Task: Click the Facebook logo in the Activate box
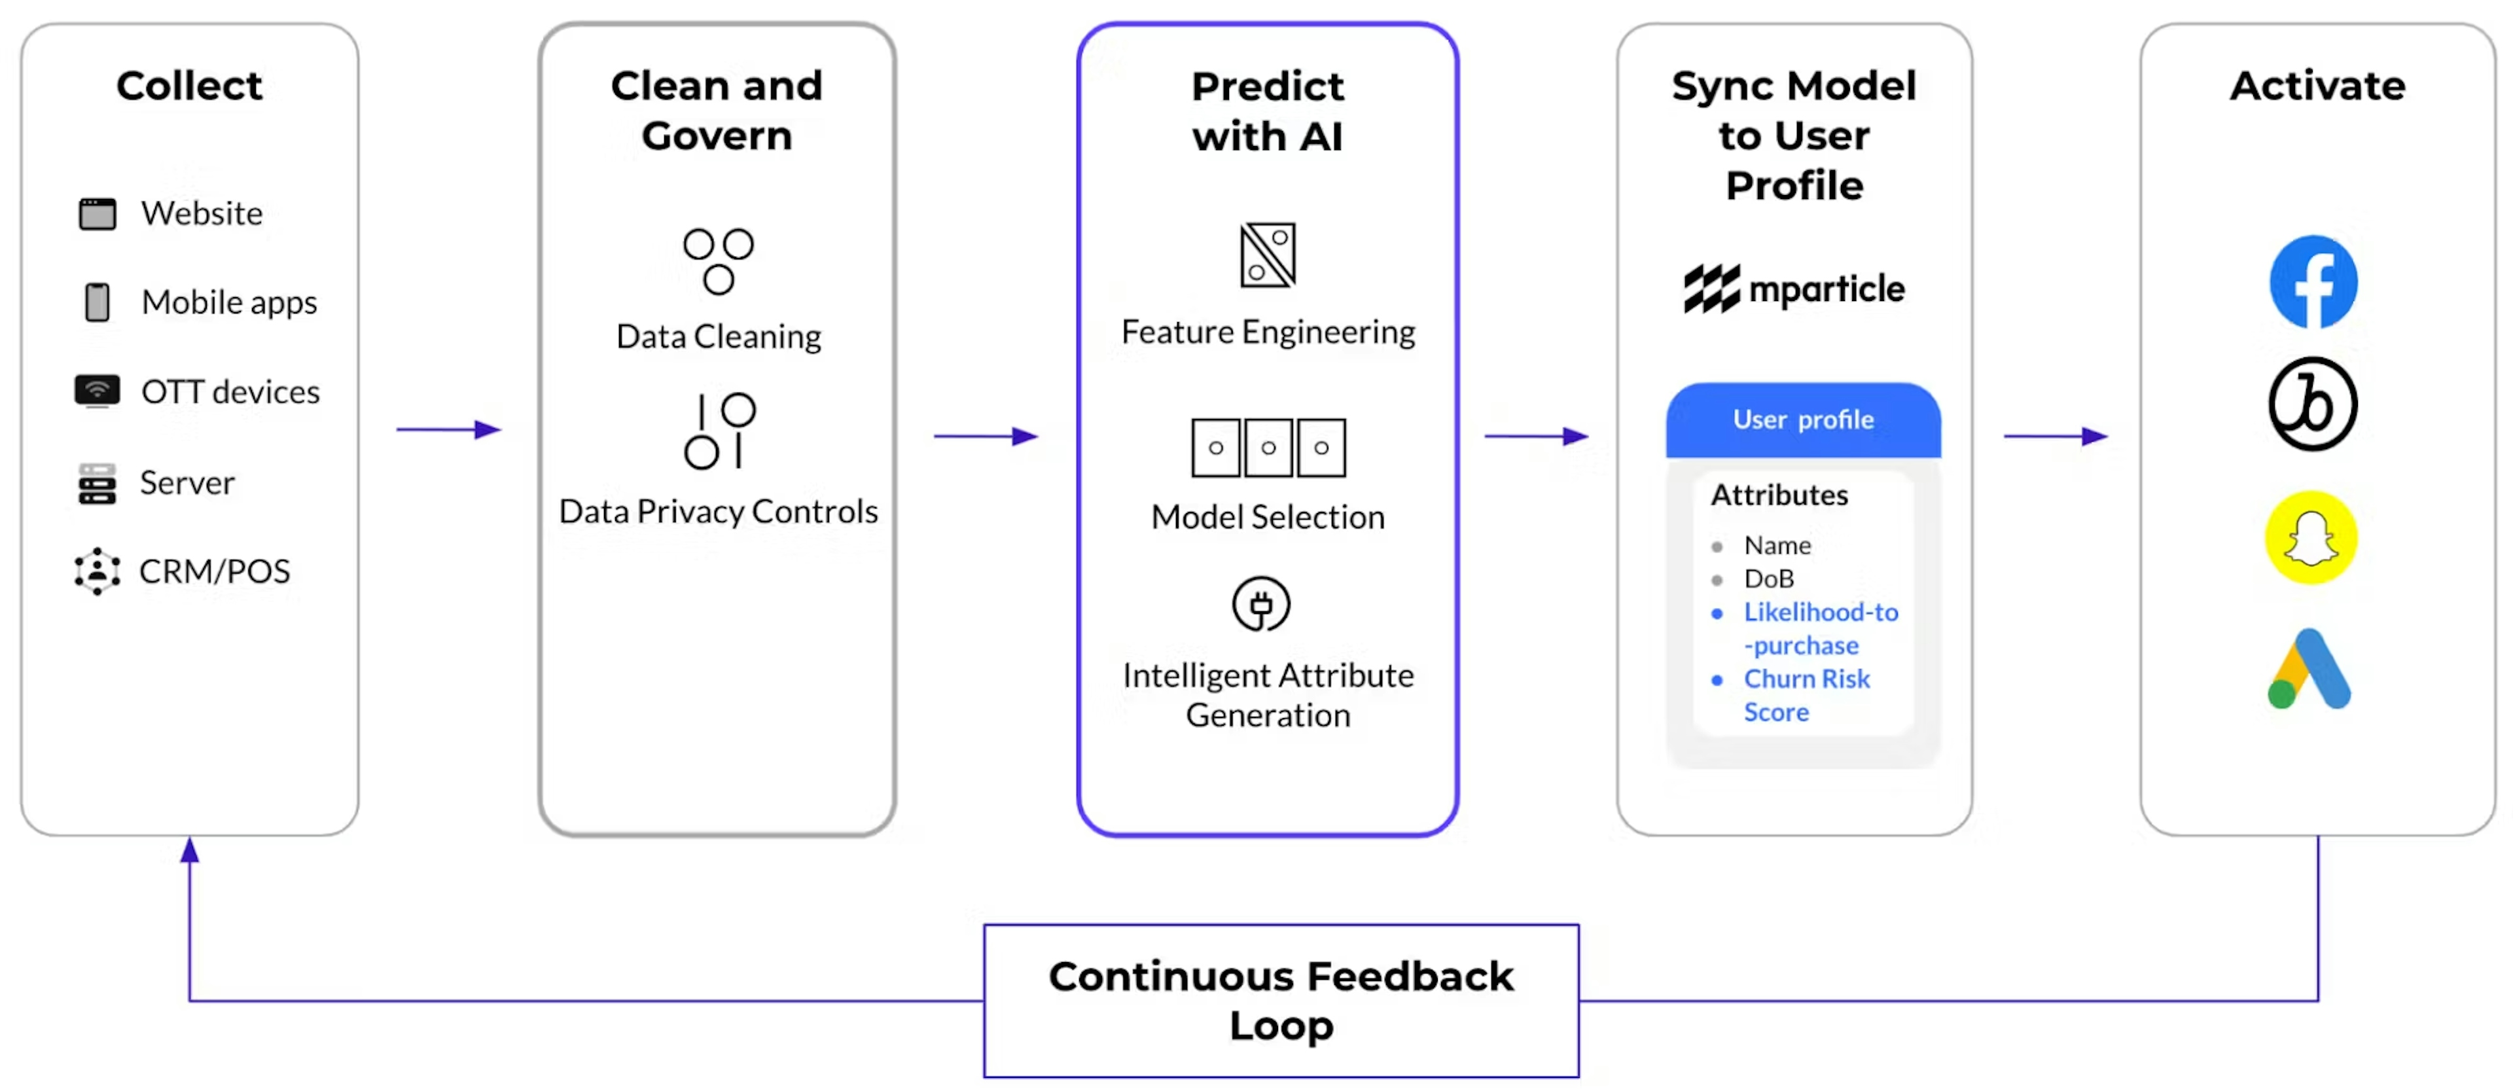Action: [2313, 283]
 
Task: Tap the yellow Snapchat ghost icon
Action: [2311, 538]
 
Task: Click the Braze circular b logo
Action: [2312, 404]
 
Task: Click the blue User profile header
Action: [1803, 420]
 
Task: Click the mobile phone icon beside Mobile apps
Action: [98, 302]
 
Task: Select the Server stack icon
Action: [98, 483]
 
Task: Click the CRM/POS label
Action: [215, 571]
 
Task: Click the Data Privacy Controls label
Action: [718, 511]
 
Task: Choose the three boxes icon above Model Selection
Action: [1268, 448]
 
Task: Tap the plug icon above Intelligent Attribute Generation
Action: [1260, 605]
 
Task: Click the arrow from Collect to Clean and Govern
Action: [449, 429]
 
